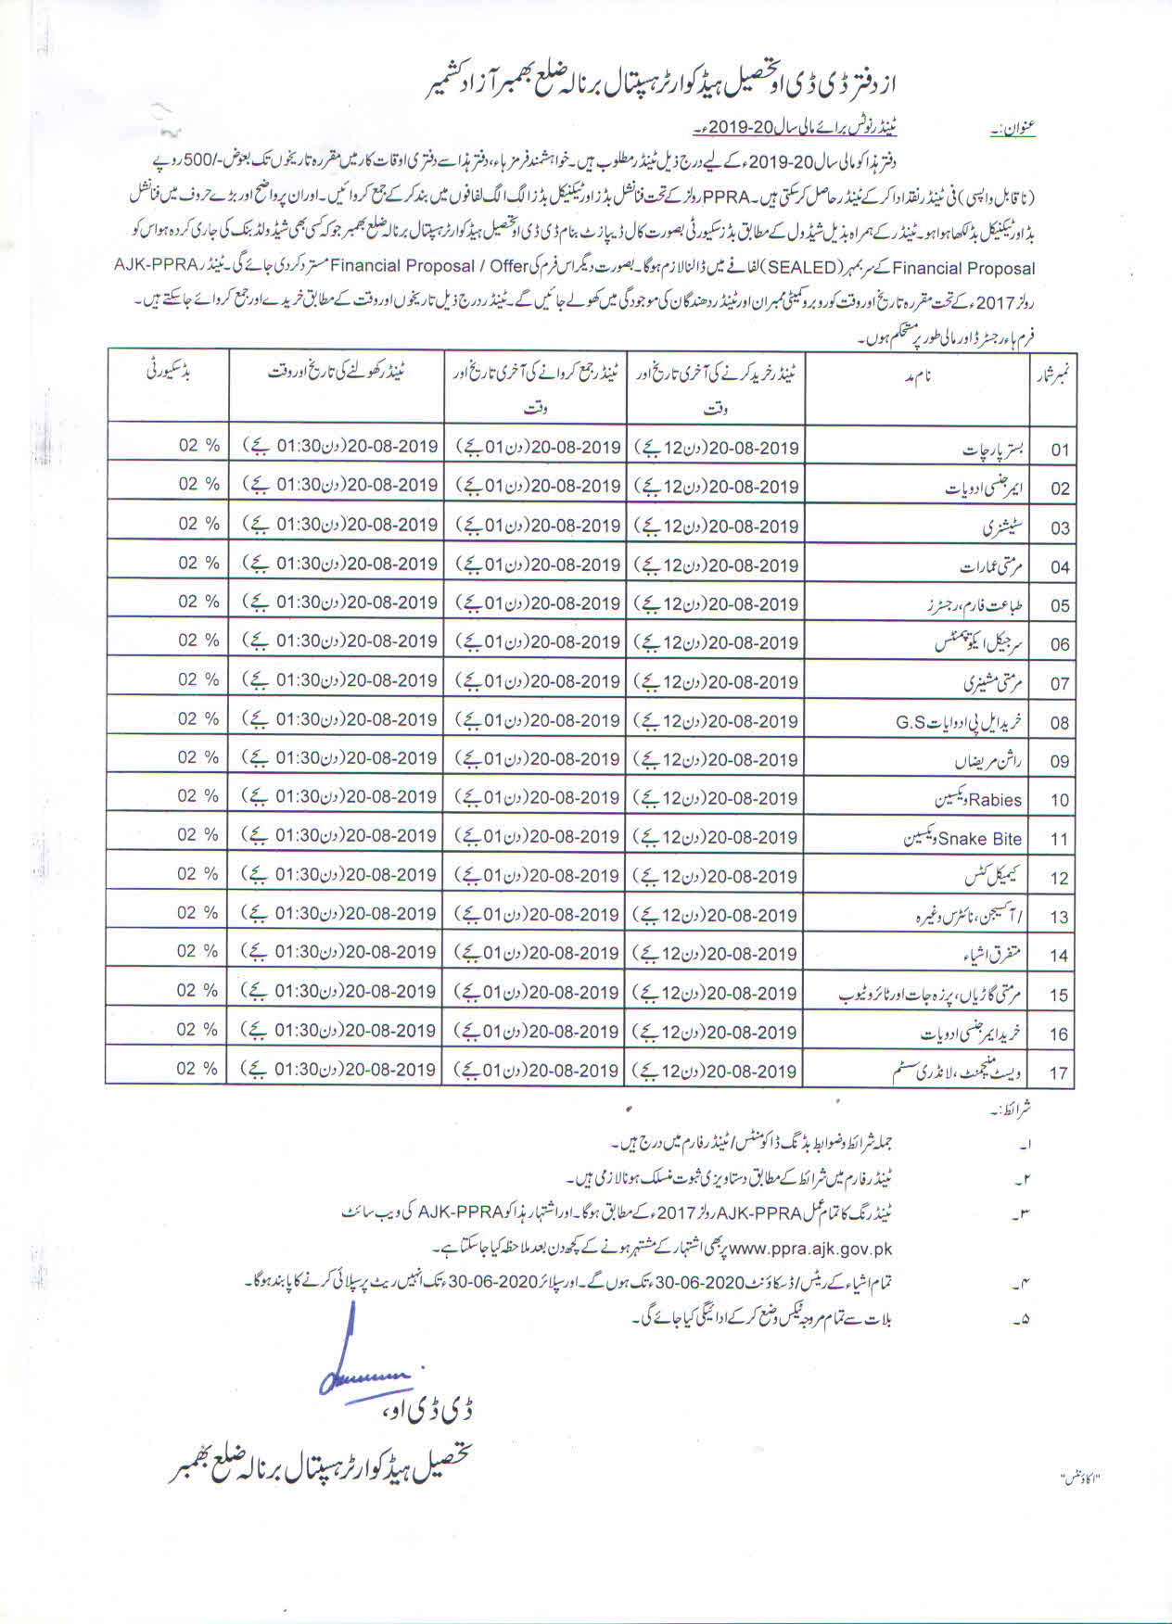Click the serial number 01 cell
(x=1060, y=450)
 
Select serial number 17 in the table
(x=1059, y=1073)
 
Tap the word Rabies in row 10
(x=997, y=799)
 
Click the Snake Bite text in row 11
(x=980, y=839)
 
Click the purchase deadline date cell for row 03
(x=716, y=525)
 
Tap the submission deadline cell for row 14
(x=538, y=953)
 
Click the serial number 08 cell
(x=1060, y=722)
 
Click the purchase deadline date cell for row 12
(x=716, y=876)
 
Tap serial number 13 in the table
(x=1060, y=918)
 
